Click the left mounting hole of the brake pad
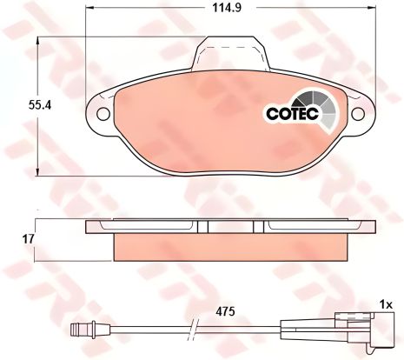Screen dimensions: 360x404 (101, 114)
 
